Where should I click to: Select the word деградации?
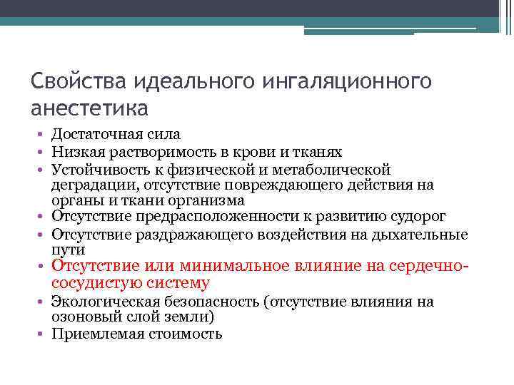point(89,185)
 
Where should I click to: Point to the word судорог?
point(417,217)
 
